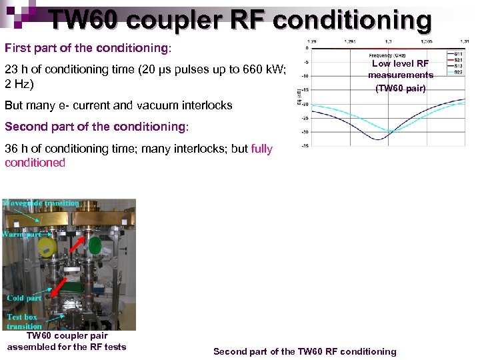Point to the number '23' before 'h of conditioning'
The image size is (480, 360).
pyautogui.click(x=11, y=70)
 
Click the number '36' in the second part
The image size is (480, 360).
pyautogui.click(x=11, y=149)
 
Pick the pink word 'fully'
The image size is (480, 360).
pyautogui.click(x=262, y=149)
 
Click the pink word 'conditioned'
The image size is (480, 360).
pyautogui.click(x=35, y=163)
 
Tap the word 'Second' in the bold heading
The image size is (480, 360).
pyautogui.click(x=25, y=127)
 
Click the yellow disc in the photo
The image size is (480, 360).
pyautogui.click(x=46, y=247)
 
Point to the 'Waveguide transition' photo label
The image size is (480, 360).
pyautogui.click(x=41, y=203)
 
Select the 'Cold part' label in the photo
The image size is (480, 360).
pyautogui.click(x=24, y=298)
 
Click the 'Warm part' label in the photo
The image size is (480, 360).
pyautogui.click(x=22, y=234)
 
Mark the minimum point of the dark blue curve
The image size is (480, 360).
pyautogui.click(x=378, y=139)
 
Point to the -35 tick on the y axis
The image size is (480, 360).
pyautogui.click(x=304, y=145)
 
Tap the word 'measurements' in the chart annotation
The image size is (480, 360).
pyautogui.click(x=401, y=75)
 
